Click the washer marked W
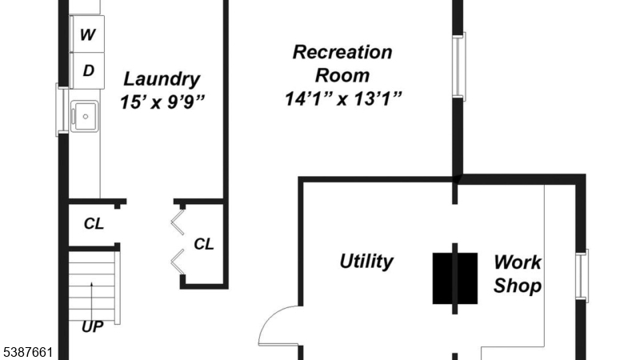pos(87,34)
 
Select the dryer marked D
pos(87,70)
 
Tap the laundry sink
pos(84,116)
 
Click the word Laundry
pos(161,79)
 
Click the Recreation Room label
pos(342,64)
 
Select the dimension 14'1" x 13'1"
pos(342,99)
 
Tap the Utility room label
pos(366,262)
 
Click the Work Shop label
pos(517,274)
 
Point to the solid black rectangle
pos(455,278)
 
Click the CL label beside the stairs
pos(94,224)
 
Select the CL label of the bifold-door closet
pos(204,244)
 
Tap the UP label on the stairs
pos(93,326)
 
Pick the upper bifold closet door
pos(179,220)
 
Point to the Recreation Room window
pos(459,66)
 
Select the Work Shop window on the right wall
pos(582,276)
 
